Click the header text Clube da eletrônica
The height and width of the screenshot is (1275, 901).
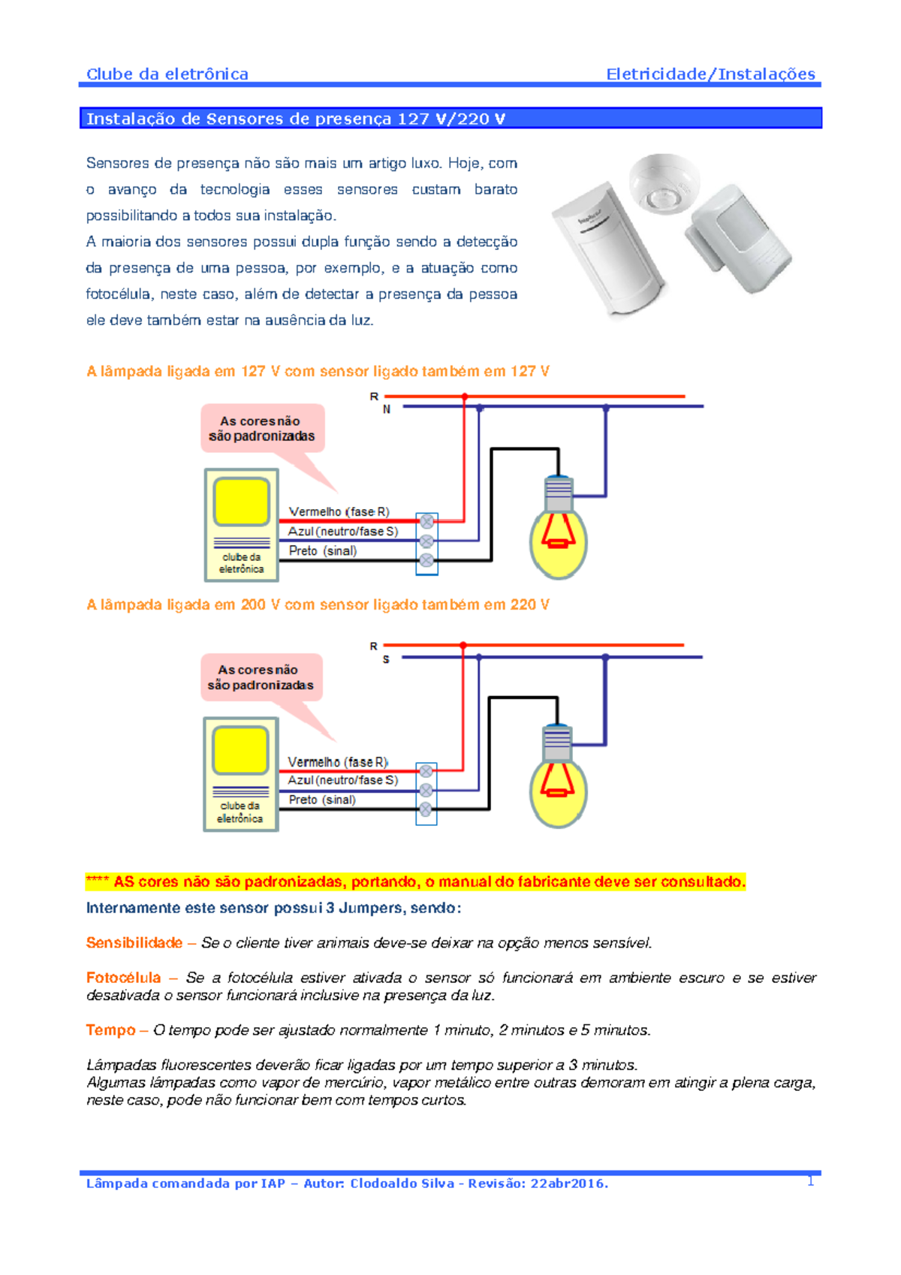coord(167,74)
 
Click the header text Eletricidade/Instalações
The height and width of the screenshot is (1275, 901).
coord(710,74)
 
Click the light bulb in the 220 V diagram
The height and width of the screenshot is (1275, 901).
coord(559,785)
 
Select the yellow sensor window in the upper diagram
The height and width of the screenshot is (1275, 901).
coord(241,502)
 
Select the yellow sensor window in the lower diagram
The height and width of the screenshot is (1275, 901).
coord(240,750)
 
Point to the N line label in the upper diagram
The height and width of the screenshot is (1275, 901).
coord(387,409)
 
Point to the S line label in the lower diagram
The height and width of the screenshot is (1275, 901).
coord(386,659)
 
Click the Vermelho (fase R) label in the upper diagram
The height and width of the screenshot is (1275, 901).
coord(339,511)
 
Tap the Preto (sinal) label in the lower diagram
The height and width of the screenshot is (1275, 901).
coord(322,800)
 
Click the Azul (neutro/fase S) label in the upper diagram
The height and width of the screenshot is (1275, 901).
coord(342,531)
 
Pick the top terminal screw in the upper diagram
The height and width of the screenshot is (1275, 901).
coord(426,521)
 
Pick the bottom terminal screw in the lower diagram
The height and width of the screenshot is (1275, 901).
coord(426,809)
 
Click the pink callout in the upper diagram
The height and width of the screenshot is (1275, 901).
coord(262,429)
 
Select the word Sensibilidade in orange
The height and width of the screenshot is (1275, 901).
coord(134,942)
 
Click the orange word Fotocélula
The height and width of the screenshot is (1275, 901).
coord(123,978)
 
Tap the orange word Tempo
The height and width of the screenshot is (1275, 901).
coord(110,1030)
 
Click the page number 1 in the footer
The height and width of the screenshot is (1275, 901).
coord(811,1181)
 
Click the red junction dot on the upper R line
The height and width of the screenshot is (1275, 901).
coord(465,396)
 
